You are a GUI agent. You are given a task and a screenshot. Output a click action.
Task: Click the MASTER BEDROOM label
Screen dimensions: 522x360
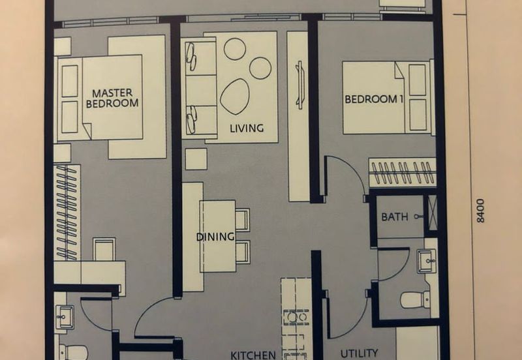[x=112, y=98]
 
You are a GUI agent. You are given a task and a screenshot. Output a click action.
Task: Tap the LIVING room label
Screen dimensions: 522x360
[x=247, y=128]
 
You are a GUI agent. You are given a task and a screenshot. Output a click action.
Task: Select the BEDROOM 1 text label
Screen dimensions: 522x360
[x=371, y=99]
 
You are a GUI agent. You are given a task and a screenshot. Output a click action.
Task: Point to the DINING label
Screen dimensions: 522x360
[x=215, y=237]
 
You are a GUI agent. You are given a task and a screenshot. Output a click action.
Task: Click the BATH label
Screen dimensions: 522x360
[x=395, y=217]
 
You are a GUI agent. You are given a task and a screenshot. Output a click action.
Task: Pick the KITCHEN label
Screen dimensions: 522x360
[x=253, y=355]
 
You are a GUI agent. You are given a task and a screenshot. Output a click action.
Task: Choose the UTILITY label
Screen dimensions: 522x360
[x=359, y=353]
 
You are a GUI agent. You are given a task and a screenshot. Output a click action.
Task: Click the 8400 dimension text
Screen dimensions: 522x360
[x=480, y=211]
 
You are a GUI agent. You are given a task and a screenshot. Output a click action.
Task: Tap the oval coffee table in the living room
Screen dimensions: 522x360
[x=234, y=97]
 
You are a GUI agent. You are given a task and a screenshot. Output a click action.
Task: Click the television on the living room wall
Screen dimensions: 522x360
[x=299, y=85]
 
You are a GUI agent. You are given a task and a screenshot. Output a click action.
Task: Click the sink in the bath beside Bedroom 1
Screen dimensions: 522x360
[x=427, y=261]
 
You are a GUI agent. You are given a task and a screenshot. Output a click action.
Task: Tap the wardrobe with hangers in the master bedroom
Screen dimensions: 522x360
[x=67, y=212]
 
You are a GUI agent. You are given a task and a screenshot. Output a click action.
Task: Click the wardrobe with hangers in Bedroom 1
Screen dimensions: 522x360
[x=402, y=173]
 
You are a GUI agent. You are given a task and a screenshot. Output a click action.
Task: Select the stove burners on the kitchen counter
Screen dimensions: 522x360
[x=296, y=318]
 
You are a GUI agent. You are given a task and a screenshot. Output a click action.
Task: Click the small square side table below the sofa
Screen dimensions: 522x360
[x=196, y=159]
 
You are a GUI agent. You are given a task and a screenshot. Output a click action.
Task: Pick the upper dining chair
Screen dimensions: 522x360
[x=243, y=220]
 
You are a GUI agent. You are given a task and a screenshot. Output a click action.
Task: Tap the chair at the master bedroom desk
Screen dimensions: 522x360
[x=104, y=249]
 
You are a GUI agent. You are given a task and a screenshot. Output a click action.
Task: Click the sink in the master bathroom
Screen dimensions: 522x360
[x=65, y=317]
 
